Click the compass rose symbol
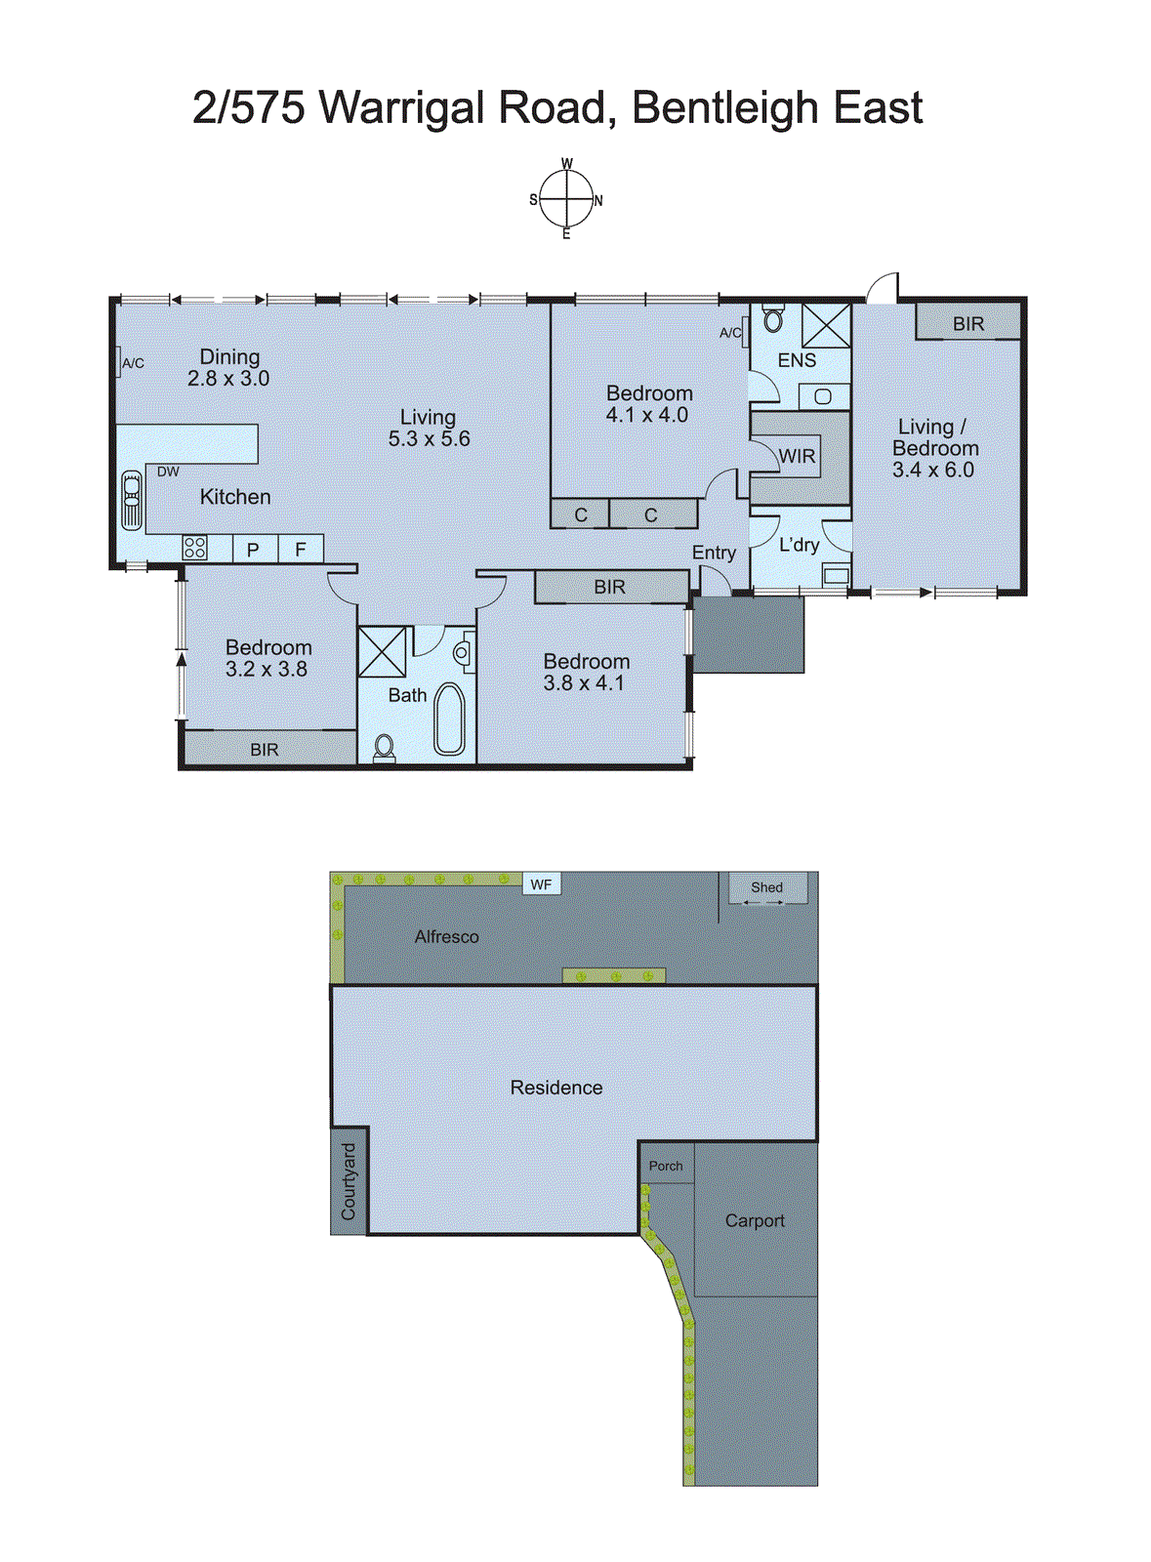point(566,199)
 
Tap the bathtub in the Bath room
point(449,719)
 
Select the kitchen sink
point(131,500)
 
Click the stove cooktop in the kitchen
point(194,548)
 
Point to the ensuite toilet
point(773,319)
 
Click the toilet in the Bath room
point(384,747)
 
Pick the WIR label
point(797,456)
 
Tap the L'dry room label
point(799,545)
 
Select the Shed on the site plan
point(767,887)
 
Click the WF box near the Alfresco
point(541,884)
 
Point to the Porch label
point(666,1166)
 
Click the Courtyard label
point(349,1181)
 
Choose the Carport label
point(754,1220)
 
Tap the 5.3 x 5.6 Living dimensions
point(429,439)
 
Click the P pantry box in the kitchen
point(253,550)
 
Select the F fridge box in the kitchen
point(301,550)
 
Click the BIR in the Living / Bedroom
point(967,323)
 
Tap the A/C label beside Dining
point(133,363)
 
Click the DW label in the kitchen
point(168,472)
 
